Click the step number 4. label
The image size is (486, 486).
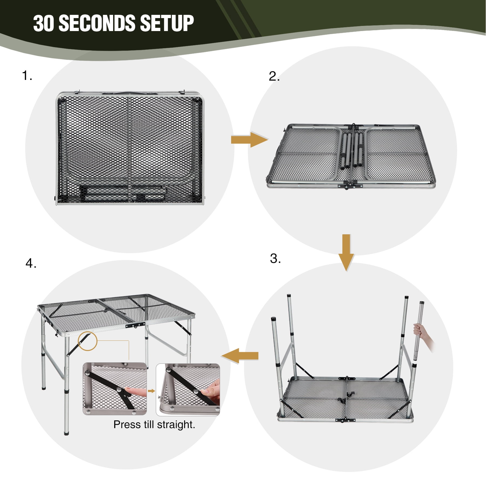[31, 263]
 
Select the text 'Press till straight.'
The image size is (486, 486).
[154, 425]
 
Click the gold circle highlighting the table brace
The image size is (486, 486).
[87, 341]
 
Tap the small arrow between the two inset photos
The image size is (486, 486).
[152, 391]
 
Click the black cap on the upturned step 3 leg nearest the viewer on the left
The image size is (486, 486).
[273, 319]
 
